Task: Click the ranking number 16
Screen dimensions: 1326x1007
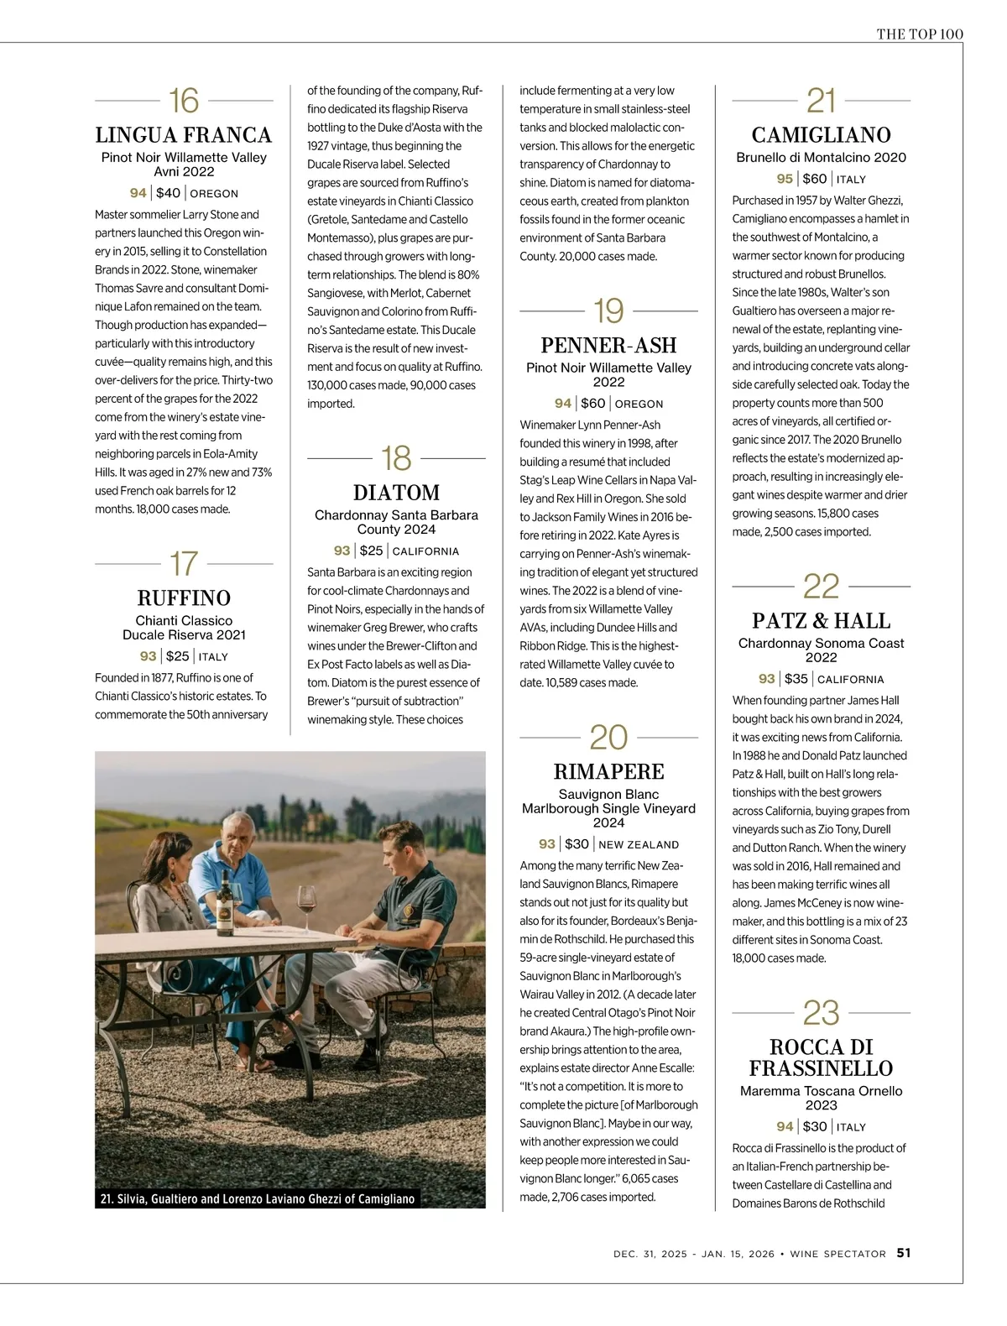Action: point(184,101)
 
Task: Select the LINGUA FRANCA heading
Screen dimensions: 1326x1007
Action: point(184,135)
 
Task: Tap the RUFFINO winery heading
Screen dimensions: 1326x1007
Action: point(184,598)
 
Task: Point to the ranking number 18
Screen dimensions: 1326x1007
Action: point(396,458)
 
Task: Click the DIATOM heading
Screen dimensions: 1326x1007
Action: point(396,493)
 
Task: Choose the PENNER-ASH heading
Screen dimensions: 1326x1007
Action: point(608,345)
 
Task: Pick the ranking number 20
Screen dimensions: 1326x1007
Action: point(608,738)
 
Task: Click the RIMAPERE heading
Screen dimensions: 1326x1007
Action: point(608,772)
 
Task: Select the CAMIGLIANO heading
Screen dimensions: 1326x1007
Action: point(821,135)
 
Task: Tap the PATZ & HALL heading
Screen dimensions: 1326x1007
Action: point(821,621)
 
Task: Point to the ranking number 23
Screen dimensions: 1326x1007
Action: point(821,1013)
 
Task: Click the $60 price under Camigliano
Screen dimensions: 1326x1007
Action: point(814,179)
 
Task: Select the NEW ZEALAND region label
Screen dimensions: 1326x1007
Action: point(639,845)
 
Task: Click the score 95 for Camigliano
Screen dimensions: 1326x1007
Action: point(785,179)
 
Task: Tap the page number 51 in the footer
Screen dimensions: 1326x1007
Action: point(904,1253)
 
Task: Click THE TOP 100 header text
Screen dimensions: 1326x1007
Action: point(920,34)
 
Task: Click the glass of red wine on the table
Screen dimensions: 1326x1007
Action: point(306,901)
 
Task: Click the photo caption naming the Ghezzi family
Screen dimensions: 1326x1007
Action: point(258,1198)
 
